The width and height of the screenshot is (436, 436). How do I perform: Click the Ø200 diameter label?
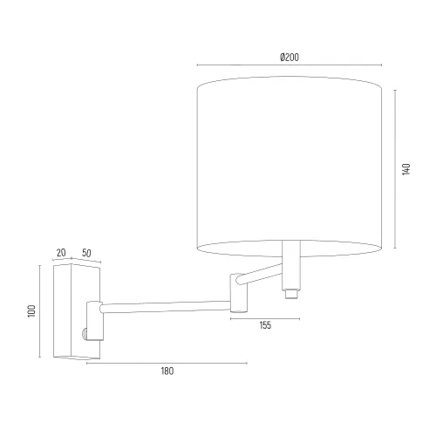coord(290,58)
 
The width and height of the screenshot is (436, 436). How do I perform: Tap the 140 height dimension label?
coord(406,169)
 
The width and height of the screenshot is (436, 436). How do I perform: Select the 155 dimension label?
coord(265,325)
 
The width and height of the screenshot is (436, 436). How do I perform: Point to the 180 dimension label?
coord(167,371)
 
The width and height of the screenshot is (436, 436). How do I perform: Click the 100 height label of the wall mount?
coord(31,311)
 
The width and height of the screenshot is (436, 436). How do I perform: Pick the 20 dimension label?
coord(61,253)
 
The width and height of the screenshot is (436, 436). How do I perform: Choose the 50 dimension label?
coord(86,253)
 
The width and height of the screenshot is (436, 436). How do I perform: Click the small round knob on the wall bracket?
coord(85,334)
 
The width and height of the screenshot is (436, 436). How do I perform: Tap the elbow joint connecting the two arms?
coord(239,293)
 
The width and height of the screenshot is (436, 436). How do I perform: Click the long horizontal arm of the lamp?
coord(166,308)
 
